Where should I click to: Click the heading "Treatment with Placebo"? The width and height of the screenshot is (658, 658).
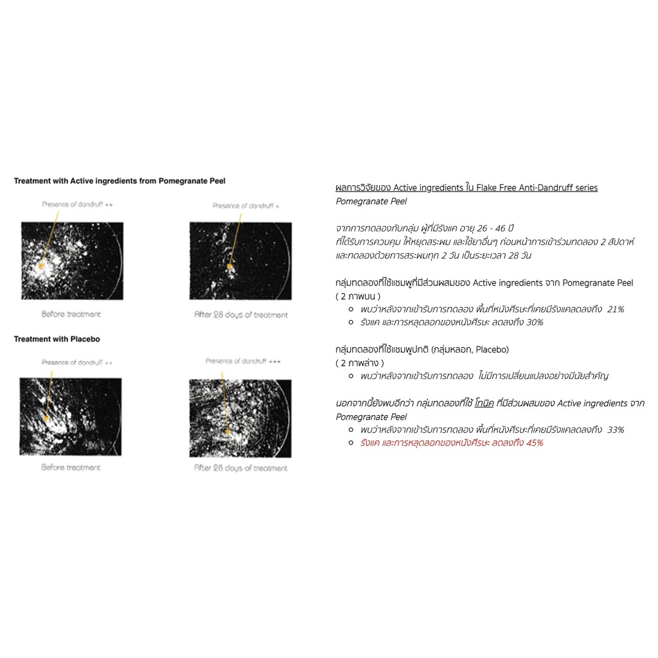[x=57, y=339]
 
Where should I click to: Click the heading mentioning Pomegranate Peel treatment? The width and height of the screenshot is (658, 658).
[x=120, y=181]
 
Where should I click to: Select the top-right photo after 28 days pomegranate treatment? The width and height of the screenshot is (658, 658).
[x=240, y=260]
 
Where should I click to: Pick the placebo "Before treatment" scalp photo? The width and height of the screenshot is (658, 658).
[x=70, y=416]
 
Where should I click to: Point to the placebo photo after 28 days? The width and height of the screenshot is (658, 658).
[x=240, y=418]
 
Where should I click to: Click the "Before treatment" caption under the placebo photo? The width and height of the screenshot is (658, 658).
[x=71, y=467]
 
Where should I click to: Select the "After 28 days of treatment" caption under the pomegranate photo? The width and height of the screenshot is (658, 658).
[x=241, y=315]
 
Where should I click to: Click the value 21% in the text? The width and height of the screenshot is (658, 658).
[x=616, y=309]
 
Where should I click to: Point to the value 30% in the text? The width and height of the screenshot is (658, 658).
[x=535, y=322]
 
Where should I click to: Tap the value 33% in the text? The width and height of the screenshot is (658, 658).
[x=616, y=429]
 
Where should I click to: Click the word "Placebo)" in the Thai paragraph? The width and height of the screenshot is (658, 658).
[x=491, y=349]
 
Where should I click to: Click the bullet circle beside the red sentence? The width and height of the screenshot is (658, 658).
[x=351, y=443]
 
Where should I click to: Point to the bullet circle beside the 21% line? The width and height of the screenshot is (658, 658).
[x=351, y=309]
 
